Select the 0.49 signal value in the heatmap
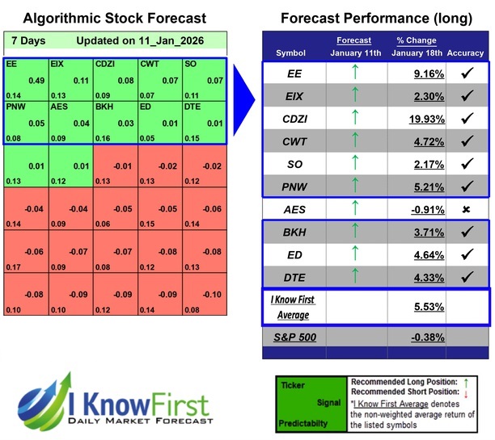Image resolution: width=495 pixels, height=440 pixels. pyautogui.click(x=36, y=81)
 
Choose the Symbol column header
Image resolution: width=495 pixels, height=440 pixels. pyautogui.click(x=291, y=52)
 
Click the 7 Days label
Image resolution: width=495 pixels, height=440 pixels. pyautogui.click(x=28, y=40)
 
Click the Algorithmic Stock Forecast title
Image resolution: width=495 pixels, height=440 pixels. pyautogui.click(x=114, y=18)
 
